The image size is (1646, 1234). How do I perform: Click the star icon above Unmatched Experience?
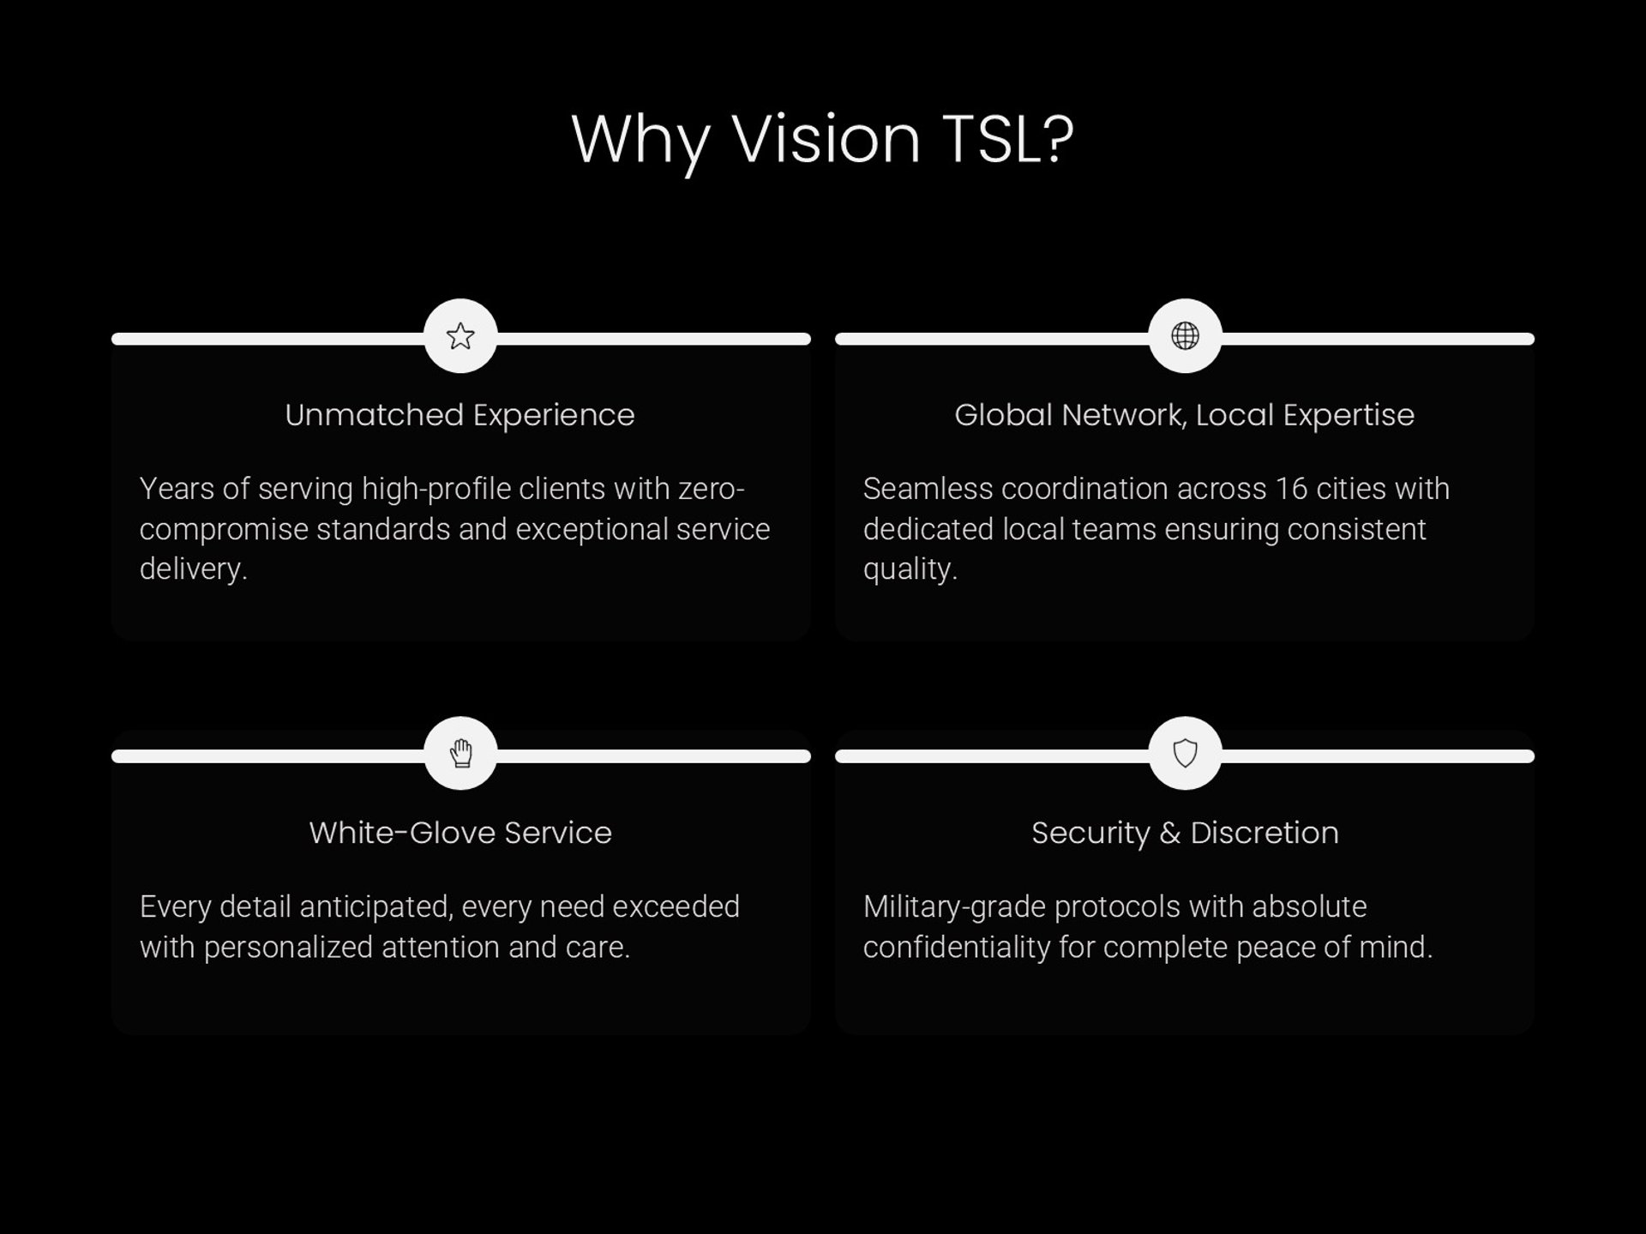pos(460,336)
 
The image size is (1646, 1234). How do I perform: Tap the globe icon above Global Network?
pos(1185,336)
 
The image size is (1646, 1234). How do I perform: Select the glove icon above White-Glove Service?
pos(460,753)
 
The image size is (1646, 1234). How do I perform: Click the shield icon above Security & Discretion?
pos(1185,753)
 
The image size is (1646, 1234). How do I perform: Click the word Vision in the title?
pos(826,139)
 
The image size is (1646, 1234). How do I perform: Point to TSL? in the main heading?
pos(1007,139)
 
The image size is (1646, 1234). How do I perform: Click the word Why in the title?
pos(640,139)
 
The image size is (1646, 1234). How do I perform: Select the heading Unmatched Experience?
pos(460,415)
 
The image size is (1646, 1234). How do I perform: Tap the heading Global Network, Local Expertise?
pos(1184,415)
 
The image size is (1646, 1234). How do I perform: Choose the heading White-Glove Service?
pos(460,833)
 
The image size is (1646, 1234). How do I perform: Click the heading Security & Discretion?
pos(1185,833)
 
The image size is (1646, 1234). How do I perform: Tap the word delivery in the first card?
pos(193,569)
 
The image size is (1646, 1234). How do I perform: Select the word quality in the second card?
pos(909,569)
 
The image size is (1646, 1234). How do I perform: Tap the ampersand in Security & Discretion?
pos(1169,834)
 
